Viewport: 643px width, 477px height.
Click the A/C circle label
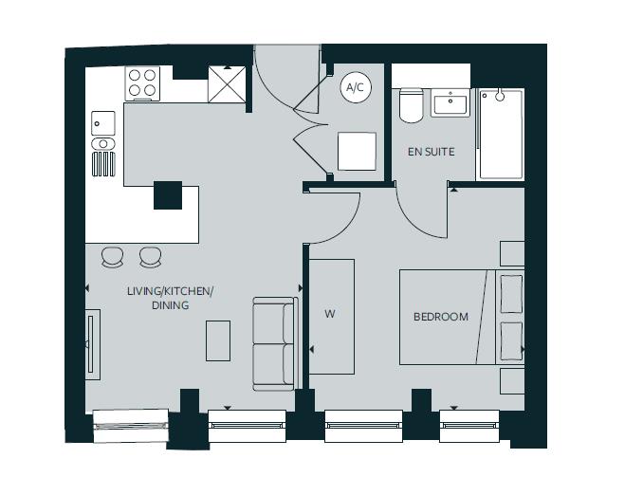[x=355, y=88]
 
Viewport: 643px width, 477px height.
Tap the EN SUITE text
[x=431, y=152]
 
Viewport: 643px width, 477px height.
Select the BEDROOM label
[x=440, y=317]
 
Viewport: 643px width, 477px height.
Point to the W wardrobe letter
[x=330, y=314]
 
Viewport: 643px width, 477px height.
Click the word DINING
[x=171, y=305]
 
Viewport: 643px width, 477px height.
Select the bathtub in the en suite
[x=500, y=134]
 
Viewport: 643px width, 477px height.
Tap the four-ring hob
[x=143, y=83]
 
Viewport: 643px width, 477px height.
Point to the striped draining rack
[x=102, y=164]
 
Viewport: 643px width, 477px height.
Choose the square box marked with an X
[x=229, y=85]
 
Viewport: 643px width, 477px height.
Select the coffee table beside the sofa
[x=218, y=340]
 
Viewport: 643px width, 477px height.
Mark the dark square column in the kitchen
[x=168, y=194]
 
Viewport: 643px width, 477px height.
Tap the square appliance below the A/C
[x=358, y=150]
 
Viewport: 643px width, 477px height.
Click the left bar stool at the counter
[x=113, y=256]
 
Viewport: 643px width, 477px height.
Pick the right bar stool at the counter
[x=150, y=256]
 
